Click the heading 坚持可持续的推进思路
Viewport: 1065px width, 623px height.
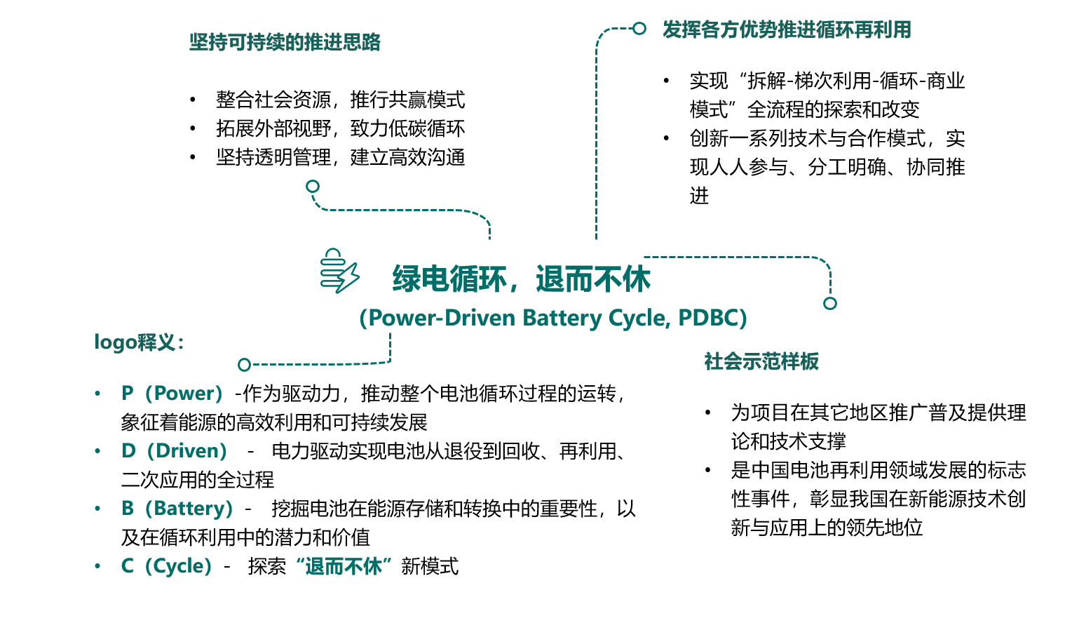pyautogui.click(x=285, y=42)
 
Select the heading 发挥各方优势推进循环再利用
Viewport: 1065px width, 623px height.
pyautogui.click(x=787, y=29)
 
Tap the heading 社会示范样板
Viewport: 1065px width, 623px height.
pyautogui.click(x=761, y=361)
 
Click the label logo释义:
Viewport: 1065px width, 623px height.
pyautogui.click(x=139, y=342)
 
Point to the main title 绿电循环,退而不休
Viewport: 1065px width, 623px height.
pyautogui.click(x=521, y=279)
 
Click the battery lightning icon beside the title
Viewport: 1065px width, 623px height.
pyautogui.click(x=339, y=271)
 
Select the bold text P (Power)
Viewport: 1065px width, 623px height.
pyautogui.click(x=172, y=394)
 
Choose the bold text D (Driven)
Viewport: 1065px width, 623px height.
pyautogui.click(x=175, y=451)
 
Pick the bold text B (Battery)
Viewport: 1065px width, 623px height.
pyautogui.click(x=177, y=509)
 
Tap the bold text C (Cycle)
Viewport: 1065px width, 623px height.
pyautogui.click(x=167, y=566)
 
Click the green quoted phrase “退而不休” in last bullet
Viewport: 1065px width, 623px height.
pyautogui.click(x=344, y=566)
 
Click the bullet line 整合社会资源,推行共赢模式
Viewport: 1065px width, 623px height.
pyautogui.click(x=340, y=100)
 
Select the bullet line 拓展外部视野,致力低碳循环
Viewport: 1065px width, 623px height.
pyautogui.click(x=340, y=128)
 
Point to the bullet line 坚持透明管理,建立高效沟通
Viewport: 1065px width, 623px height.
pyautogui.click(x=340, y=157)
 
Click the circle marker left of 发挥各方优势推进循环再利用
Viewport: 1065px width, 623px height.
pyautogui.click(x=639, y=28)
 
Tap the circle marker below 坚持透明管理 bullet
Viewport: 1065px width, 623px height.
pyautogui.click(x=313, y=186)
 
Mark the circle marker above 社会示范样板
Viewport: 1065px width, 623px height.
pyautogui.click(x=830, y=303)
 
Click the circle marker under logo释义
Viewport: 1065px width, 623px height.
pyautogui.click(x=244, y=365)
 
